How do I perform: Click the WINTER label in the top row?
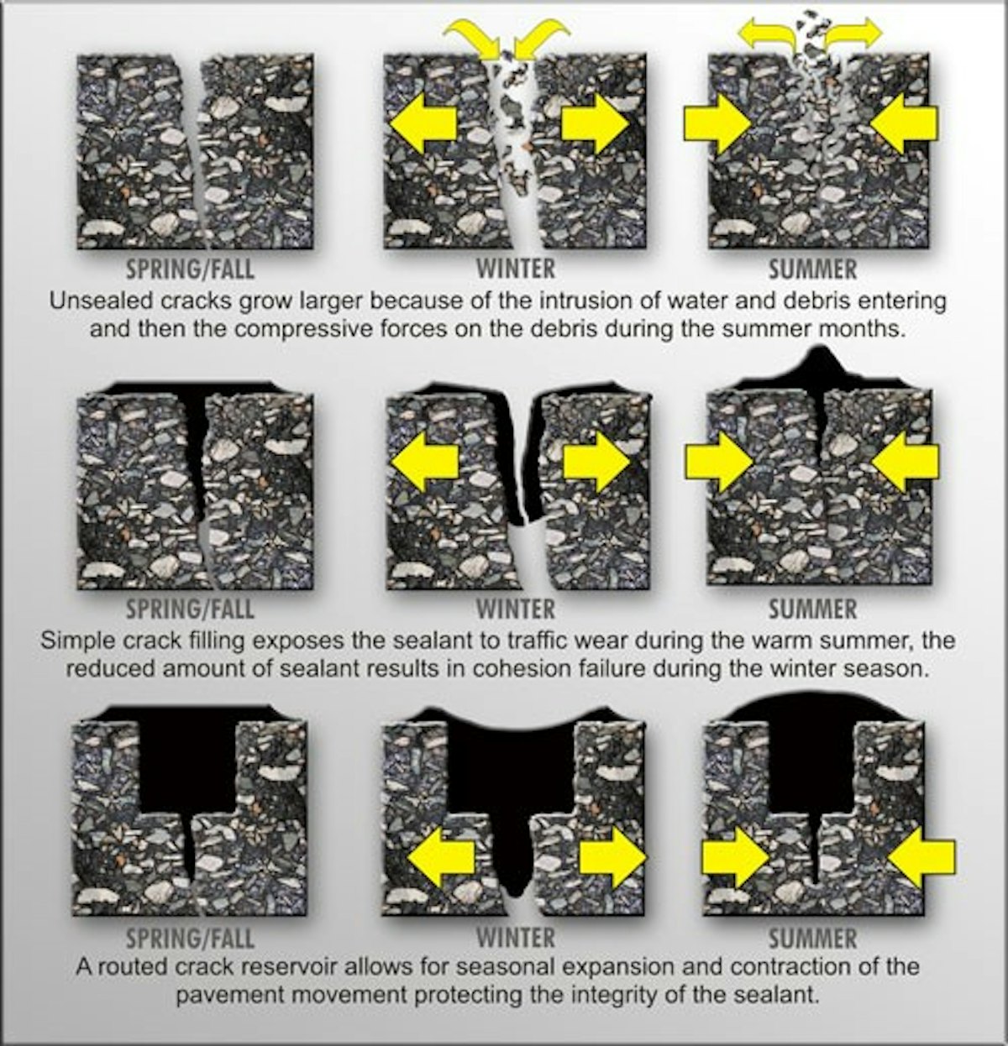coord(516,269)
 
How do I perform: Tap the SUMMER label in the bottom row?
coord(812,938)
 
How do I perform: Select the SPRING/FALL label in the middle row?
coord(189,608)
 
